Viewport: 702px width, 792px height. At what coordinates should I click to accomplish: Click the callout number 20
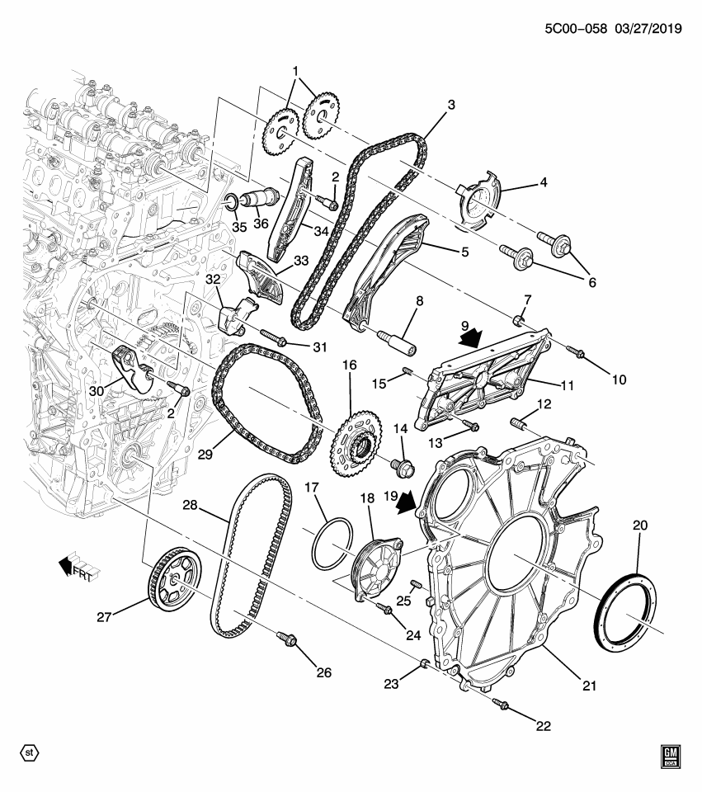click(640, 525)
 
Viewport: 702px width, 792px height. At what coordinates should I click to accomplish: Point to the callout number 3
click(450, 105)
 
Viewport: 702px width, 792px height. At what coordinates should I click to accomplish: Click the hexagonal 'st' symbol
click(30, 752)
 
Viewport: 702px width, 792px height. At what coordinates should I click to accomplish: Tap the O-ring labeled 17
click(332, 544)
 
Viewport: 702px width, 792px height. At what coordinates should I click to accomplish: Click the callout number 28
click(191, 504)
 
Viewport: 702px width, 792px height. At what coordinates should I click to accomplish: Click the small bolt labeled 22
click(501, 704)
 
